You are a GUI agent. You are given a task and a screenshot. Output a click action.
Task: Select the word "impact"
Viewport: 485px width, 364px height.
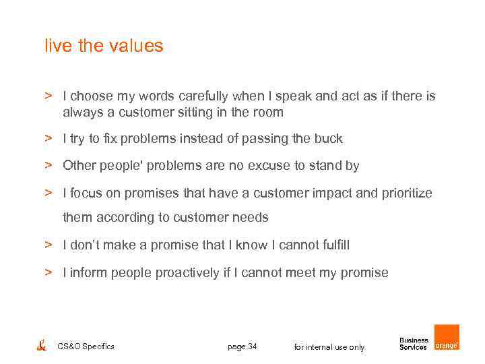(329, 193)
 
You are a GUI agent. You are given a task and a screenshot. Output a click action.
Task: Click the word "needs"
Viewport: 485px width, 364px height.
(251, 218)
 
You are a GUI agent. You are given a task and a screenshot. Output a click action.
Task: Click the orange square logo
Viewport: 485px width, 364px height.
(447, 337)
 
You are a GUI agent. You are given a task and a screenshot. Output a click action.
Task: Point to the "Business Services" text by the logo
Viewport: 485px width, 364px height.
(414, 344)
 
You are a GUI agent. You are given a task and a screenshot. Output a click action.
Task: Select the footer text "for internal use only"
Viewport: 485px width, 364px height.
(329, 347)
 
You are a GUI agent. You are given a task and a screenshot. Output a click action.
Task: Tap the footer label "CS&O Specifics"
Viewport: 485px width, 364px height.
(86, 346)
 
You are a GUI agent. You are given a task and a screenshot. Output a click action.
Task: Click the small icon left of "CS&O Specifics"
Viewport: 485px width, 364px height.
(42, 345)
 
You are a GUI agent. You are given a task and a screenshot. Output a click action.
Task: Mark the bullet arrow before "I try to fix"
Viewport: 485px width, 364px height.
(49, 138)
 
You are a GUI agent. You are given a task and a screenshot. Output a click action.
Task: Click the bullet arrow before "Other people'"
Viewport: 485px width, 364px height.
(49, 165)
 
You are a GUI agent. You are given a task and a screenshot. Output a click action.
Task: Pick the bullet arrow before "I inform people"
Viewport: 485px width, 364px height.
(49, 272)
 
